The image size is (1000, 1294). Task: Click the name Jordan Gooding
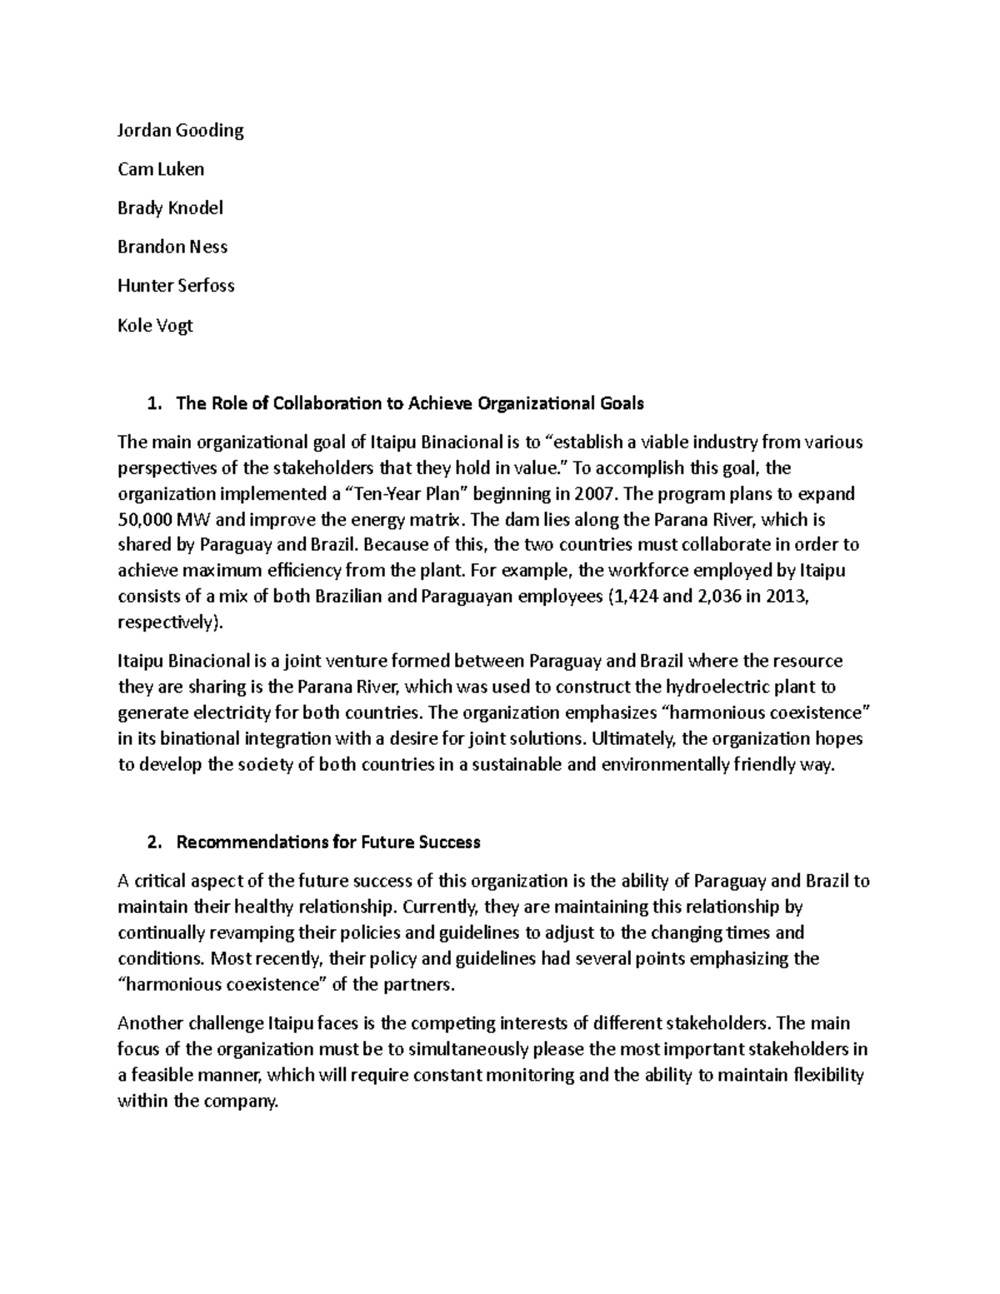[x=180, y=131]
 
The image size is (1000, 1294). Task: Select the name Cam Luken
[x=160, y=169]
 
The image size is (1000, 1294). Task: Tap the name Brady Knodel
[x=170, y=208]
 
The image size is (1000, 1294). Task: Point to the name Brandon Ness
[x=172, y=247]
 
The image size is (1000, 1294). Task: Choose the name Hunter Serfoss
[x=176, y=286]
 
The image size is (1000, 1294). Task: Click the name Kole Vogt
[x=155, y=325]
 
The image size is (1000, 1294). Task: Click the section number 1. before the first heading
[x=152, y=404]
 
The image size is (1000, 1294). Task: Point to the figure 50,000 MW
[x=157, y=520]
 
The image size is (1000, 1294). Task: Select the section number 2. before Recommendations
[x=152, y=842]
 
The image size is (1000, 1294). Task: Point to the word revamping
[x=240, y=933]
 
